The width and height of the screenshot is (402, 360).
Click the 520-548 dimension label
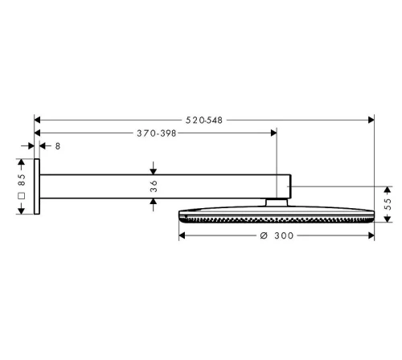click(x=204, y=121)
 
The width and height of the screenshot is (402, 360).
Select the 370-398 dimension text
click(x=157, y=133)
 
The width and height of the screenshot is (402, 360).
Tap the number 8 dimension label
click(x=58, y=146)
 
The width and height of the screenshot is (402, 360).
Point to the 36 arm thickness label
click(x=154, y=186)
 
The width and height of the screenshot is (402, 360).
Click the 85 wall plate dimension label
click(x=22, y=180)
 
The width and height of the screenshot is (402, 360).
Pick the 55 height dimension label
click(x=388, y=204)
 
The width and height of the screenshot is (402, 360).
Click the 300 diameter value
click(x=284, y=235)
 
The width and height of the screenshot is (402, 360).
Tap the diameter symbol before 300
click(x=264, y=235)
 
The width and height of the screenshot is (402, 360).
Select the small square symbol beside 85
click(x=22, y=196)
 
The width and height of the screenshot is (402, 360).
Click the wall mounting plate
click(x=37, y=186)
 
